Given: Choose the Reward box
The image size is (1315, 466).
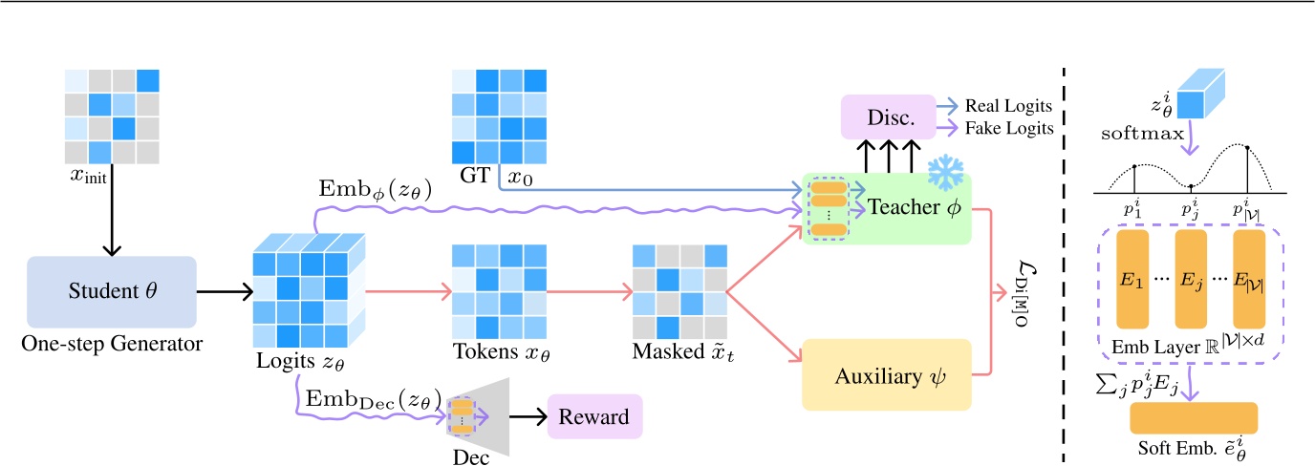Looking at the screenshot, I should (x=593, y=416).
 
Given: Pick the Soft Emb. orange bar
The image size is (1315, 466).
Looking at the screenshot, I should (x=1193, y=417).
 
